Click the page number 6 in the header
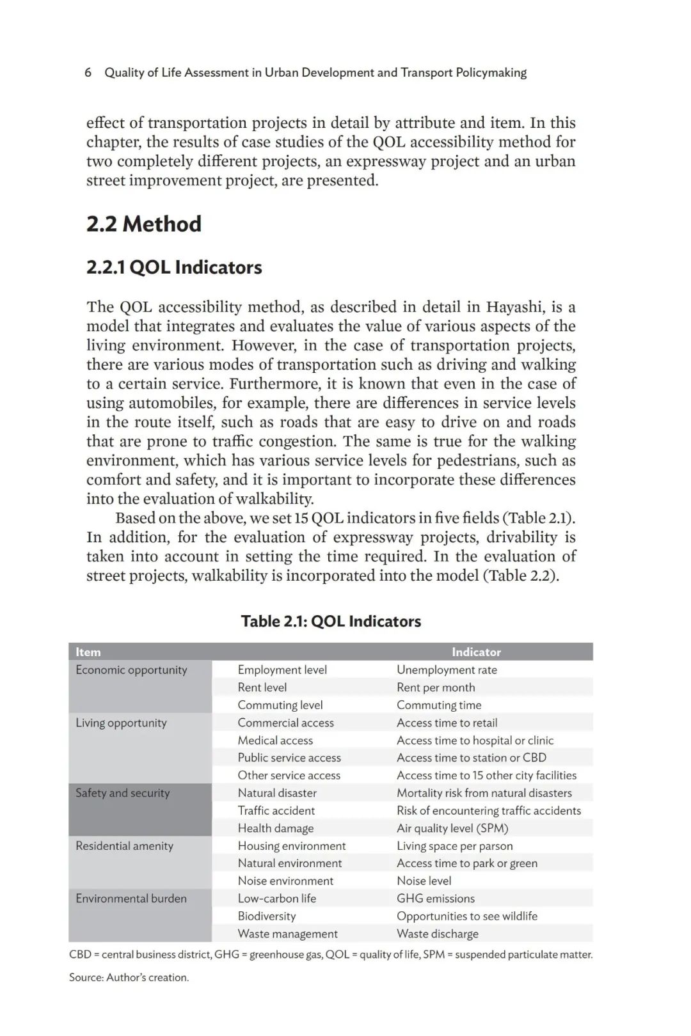click(x=88, y=73)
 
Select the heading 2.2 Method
click(x=144, y=224)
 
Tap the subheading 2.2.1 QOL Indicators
click(x=174, y=267)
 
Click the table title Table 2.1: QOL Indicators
click(x=331, y=621)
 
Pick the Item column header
click(x=88, y=652)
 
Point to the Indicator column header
click(x=476, y=652)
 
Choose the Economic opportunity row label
click(x=131, y=670)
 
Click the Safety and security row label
click(x=122, y=793)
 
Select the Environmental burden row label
click(x=131, y=899)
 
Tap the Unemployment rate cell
click(x=447, y=670)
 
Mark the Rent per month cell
click(x=436, y=687)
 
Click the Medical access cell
click(x=275, y=740)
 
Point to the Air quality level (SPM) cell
click(x=452, y=828)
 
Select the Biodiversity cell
click(x=267, y=916)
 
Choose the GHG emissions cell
click(x=436, y=899)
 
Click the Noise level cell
click(x=424, y=881)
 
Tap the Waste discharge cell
click(x=438, y=934)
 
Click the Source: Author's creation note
click(x=129, y=977)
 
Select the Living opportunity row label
click(x=121, y=723)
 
